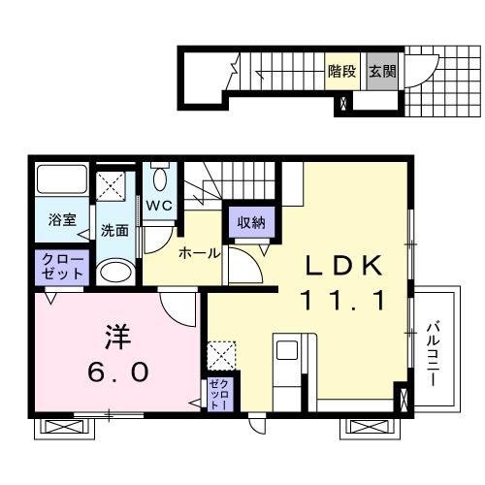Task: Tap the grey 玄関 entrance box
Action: coord(382,71)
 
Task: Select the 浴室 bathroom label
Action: coord(63,219)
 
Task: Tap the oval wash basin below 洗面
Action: coord(114,270)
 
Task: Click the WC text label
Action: coord(158,206)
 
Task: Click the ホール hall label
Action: coord(197,252)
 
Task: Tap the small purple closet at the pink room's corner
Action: coord(216,396)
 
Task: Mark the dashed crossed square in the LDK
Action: coord(222,356)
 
